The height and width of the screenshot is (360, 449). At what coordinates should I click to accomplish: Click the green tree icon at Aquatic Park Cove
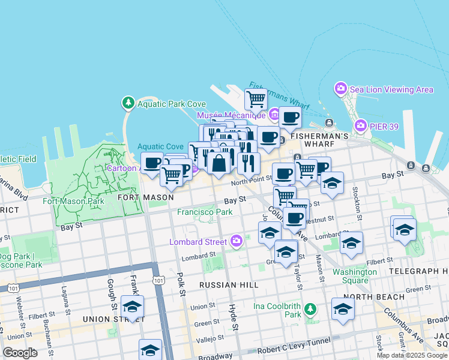128,103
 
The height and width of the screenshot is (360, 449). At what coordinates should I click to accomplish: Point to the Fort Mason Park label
73,201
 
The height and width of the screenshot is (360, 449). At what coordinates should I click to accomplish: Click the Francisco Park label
205,212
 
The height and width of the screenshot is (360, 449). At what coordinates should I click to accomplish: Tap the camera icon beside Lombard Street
237,242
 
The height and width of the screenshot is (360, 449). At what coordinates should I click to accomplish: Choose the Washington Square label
355,275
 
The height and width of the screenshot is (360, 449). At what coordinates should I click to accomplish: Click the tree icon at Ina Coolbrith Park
310,310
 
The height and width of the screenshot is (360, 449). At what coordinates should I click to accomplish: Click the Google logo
20,353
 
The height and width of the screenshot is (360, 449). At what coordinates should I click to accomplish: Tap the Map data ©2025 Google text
411,355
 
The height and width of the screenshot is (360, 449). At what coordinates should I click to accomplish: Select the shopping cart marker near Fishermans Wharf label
256,98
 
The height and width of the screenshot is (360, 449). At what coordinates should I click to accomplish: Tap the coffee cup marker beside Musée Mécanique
291,118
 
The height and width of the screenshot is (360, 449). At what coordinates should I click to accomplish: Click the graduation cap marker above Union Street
132,307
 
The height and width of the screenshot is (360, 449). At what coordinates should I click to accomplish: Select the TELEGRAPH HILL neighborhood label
418,271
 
